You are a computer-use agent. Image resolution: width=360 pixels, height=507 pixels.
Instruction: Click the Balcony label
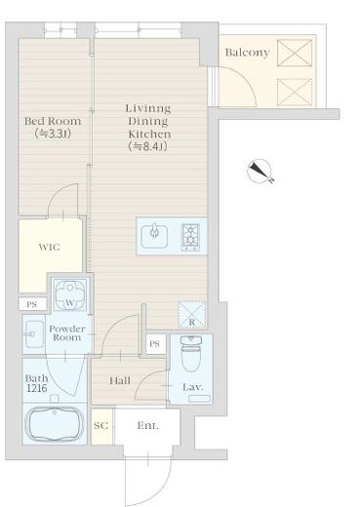[x=247, y=53]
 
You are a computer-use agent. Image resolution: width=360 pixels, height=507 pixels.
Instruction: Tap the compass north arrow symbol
[x=260, y=172]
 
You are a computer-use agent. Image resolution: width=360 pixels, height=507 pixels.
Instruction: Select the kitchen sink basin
[x=154, y=236]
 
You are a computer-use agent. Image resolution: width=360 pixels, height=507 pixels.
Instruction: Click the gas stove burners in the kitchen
[x=190, y=237]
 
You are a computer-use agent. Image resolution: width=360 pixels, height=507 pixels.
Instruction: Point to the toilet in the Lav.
[x=191, y=354]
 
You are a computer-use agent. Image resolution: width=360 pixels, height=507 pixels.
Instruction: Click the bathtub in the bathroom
[x=55, y=424]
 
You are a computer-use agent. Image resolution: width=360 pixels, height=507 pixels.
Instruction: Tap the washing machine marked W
[x=70, y=295]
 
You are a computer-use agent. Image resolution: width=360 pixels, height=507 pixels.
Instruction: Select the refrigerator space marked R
[x=192, y=314]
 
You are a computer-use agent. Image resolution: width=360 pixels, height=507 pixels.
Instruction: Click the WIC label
[x=49, y=247]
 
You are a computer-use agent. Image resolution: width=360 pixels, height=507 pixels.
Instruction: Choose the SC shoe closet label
[x=100, y=425]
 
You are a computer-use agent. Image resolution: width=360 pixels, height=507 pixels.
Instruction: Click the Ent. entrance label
[x=148, y=425]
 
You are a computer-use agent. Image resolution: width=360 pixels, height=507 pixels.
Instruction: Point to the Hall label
[x=120, y=380]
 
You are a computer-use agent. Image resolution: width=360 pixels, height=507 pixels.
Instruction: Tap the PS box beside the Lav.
[x=155, y=344]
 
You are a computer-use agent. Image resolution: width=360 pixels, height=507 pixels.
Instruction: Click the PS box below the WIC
[x=32, y=304]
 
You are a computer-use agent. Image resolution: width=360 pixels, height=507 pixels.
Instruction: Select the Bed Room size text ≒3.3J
[x=53, y=134]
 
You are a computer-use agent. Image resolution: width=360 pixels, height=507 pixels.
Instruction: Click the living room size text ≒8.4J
[x=148, y=146]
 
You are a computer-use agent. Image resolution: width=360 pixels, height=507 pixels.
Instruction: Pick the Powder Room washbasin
[x=34, y=334]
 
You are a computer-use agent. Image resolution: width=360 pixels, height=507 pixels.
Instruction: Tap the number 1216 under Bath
[x=37, y=388]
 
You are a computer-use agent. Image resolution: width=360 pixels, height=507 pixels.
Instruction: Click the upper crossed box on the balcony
[x=295, y=53]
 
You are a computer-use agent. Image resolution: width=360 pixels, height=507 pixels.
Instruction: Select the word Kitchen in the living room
[x=149, y=134]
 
